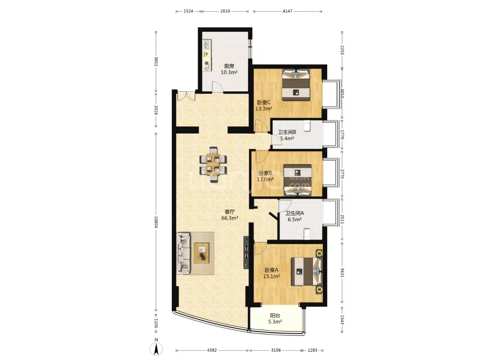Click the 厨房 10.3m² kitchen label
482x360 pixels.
(x=229, y=69)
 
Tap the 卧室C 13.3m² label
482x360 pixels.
(x=264, y=105)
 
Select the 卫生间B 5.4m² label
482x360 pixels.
(x=287, y=135)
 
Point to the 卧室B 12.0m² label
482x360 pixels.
(x=265, y=176)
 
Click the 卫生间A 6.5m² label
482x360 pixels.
(x=295, y=216)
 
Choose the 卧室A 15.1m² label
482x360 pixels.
(x=271, y=273)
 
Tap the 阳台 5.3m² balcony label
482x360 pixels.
(x=275, y=319)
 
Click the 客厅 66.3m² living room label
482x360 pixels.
(x=230, y=215)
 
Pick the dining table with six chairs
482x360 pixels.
(x=213, y=164)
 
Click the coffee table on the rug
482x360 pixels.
(x=202, y=253)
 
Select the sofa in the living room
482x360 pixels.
(x=183, y=253)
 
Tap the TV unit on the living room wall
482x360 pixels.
(x=246, y=252)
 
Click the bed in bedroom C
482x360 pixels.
(x=296, y=84)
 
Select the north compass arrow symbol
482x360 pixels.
(x=156, y=349)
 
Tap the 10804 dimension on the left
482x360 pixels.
(x=156, y=223)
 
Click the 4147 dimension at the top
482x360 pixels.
(x=287, y=11)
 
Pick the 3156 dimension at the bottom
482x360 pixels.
(x=275, y=350)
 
